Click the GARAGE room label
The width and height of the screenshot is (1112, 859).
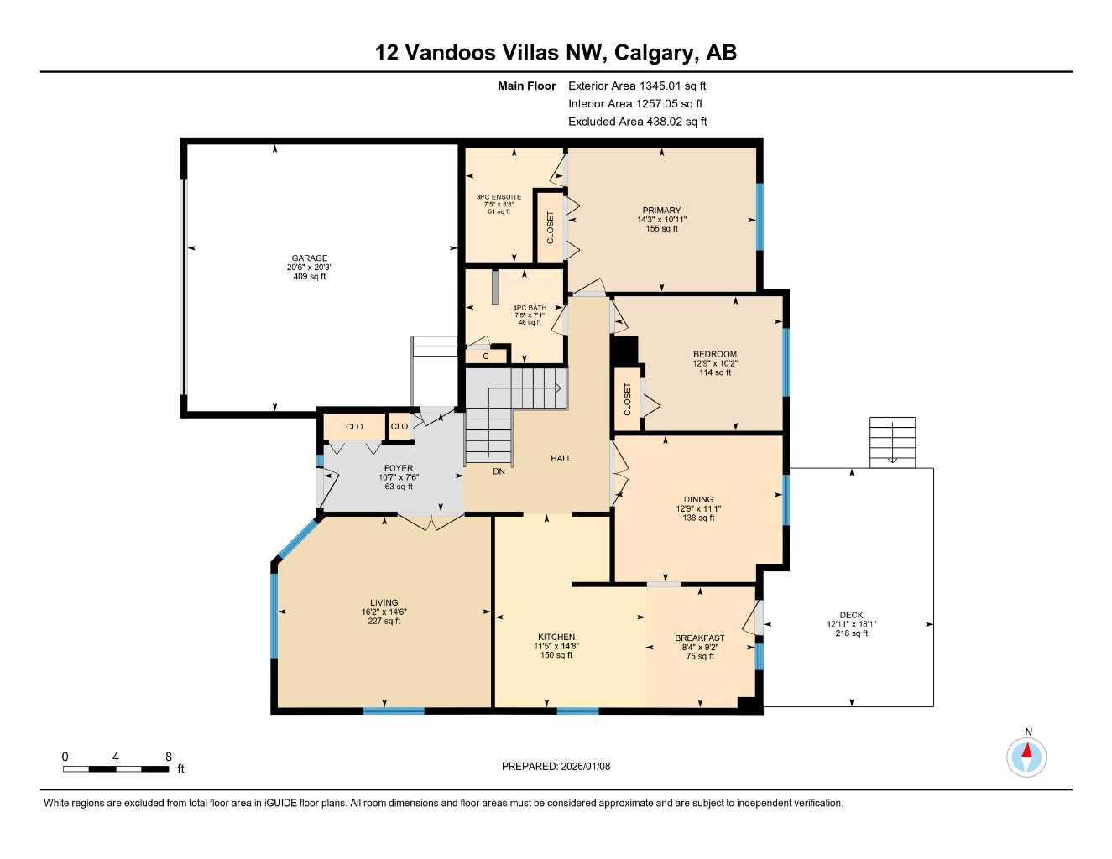coord(310,258)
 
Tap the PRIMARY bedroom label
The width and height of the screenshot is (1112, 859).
coord(661,211)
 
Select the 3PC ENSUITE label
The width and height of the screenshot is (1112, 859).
coord(499,197)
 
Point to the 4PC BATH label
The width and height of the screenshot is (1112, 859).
coord(530,308)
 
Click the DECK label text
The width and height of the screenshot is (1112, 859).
coord(851,615)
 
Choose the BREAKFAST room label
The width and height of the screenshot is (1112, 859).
coord(699,638)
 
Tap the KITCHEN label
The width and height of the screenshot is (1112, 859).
coord(556,637)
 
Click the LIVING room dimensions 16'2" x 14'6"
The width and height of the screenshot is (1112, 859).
coord(384,612)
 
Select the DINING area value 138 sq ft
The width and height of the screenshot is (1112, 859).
coord(698,518)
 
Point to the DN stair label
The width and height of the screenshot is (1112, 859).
coord(499,471)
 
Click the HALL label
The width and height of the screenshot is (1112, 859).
coord(561,458)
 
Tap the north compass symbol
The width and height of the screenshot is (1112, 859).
coord(1026,757)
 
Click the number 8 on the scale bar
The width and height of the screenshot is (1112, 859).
coord(169,757)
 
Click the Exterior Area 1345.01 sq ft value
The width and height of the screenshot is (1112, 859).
coord(637,86)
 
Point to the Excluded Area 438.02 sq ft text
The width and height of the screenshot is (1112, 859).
coord(637,122)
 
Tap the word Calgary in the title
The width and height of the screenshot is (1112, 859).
coord(654,53)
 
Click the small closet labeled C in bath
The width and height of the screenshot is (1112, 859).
coord(485,356)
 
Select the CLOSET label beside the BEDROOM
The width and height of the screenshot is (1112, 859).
coord(627,399)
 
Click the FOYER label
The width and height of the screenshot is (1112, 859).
coord(399,468)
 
